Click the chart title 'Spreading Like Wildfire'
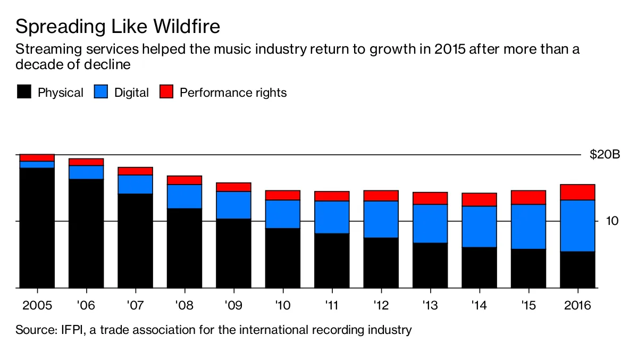click(117, 27)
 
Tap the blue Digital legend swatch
click(101, 92)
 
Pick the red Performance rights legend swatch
click(166, 92)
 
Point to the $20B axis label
click(605, 155)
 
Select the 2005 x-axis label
click(36, 306)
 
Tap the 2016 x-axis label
click(577, 306)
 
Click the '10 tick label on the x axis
click(282, 306)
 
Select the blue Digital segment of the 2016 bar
click(577, 225)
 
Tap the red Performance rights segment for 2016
click(577, 192)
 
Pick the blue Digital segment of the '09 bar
click(233, 205)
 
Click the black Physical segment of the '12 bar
click(381, 263)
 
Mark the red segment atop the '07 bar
click(135, 171)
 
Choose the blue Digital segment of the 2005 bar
click(37, 164)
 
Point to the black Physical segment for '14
click(479, 267)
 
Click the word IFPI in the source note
click(66, 330)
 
